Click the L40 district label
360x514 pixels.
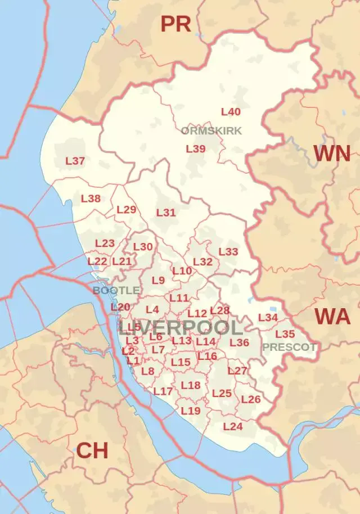point(231,112)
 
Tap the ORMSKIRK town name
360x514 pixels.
point(211,131)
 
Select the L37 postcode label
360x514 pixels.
point(75,161)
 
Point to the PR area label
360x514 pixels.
point(176,24)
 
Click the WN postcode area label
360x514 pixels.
point(332,154)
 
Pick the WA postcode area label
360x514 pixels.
point(333,317)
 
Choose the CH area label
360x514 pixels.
point(92,450)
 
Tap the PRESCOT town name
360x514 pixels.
point(289,347)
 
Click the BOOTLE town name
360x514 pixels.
point(116,290)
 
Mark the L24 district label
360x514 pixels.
point(233,426)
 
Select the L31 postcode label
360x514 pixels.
point(166,213)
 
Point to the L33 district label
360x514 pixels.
point(228,252)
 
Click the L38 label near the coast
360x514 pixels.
point(91,199)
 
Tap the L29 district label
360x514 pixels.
point(127,210)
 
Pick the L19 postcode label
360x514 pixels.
point(191,411)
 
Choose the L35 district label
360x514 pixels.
point(285,334)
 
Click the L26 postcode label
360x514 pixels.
point(251,399)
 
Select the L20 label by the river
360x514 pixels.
point(120,307)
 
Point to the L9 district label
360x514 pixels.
point(158,280)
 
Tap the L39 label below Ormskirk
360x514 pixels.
point(196,149)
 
